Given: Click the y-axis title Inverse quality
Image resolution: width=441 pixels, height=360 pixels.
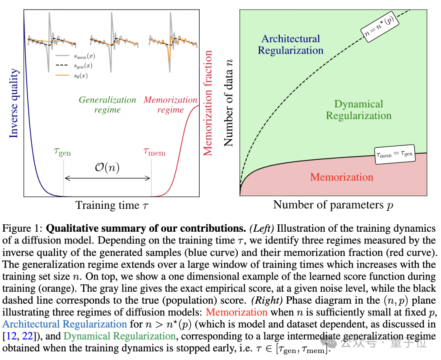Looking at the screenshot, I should [14, 103].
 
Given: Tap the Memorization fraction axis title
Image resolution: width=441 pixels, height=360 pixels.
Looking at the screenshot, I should [208, 103].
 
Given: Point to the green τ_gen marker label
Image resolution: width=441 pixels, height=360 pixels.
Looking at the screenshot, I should [62, 152].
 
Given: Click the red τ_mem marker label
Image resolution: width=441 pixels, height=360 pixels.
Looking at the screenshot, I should [154, 152].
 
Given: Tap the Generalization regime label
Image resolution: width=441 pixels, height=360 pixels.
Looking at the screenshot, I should [107, 105].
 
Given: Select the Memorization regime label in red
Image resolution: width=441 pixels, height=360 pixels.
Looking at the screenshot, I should [171, 105].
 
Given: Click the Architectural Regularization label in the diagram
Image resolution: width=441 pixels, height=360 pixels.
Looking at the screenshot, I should [291, 45].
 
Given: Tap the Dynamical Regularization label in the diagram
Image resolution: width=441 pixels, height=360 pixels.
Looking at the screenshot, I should [359, 110].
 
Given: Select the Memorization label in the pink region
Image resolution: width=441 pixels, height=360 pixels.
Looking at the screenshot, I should [341, 177].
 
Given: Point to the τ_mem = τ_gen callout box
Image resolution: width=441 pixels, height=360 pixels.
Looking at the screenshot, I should [394, 154].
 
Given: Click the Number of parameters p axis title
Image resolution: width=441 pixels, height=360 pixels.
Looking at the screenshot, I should [333, 205].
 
